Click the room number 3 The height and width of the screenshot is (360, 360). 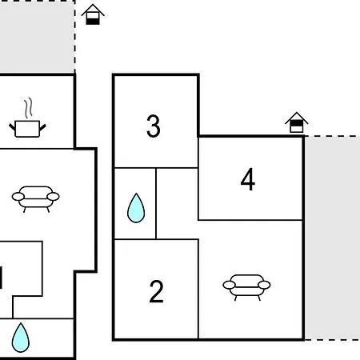[154, 126]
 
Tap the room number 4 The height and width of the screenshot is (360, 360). [248, 179]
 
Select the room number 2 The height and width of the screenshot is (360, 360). [156, 291]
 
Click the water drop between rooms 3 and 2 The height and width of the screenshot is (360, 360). [136, 208]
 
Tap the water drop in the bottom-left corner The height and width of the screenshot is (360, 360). [21, 338]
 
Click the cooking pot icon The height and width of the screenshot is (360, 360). [27, 129]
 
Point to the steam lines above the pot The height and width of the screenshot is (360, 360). [29, 108]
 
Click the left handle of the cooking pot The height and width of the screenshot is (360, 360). [12, 127]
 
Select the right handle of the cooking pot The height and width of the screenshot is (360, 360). [42, 127]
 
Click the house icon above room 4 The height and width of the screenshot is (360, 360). [297, 122]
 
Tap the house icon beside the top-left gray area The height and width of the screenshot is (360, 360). [93, 14]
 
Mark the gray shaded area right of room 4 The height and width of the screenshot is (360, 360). [333, 238]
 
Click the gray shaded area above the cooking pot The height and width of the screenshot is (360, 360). [37, 37]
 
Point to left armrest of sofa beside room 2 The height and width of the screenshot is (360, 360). [229, 285]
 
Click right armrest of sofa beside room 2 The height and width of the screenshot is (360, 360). [264, 285]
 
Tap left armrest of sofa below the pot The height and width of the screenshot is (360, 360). [18, 197]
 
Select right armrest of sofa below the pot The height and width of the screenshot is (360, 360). [53, 197]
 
